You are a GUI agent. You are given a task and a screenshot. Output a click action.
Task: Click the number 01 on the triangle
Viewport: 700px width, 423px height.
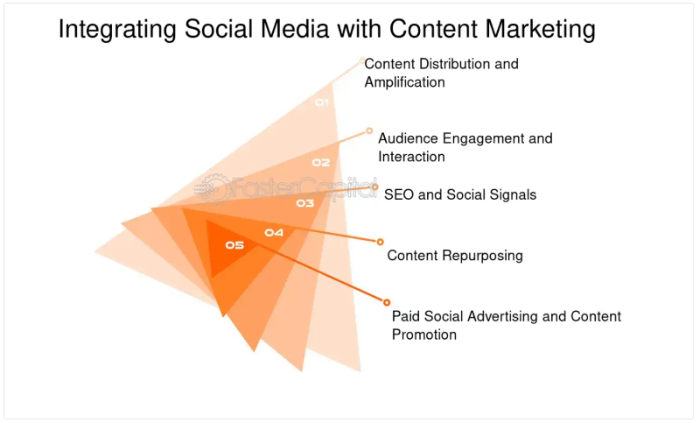point(321,103)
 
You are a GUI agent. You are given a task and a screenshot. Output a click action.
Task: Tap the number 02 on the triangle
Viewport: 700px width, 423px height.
point(321,162)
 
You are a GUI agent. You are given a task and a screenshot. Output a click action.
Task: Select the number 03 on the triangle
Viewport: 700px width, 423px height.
point(304,203)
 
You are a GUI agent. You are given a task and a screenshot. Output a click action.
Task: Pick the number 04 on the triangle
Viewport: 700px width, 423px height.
point(274,232)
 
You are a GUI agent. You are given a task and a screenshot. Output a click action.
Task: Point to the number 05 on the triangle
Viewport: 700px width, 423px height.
point(234,245)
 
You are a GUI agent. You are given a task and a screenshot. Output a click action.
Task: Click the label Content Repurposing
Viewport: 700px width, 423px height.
point(455,256)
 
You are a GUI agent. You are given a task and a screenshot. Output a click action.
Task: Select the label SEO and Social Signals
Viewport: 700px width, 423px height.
point(460,194)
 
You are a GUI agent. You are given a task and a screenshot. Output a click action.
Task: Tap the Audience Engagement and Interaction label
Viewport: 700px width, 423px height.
point(465,147)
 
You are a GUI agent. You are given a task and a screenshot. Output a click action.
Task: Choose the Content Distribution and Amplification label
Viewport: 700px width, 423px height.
point(441,73)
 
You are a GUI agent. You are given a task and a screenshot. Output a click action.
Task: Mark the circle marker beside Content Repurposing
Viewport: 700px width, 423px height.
point(381,242)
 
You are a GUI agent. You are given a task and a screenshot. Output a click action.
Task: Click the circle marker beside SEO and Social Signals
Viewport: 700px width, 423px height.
point(374,187)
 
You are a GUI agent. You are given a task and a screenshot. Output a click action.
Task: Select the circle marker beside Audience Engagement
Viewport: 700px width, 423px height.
point(369,130)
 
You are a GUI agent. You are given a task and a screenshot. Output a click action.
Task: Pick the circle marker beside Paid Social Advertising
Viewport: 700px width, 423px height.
point(387,302)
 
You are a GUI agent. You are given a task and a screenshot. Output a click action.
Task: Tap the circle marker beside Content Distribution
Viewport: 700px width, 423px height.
point(361,60)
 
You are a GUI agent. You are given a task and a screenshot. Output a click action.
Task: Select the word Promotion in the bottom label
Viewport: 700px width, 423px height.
point(424,335)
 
